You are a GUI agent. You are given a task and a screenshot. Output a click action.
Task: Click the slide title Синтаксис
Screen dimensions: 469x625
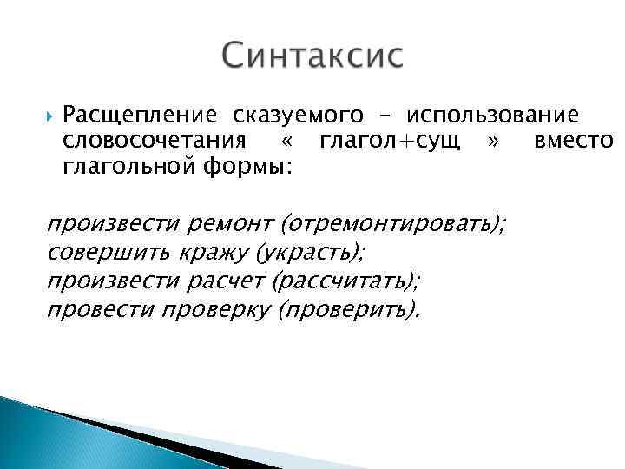click(x=312, y=56)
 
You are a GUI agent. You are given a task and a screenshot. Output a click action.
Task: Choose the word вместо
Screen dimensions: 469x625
click(x=573, y=140)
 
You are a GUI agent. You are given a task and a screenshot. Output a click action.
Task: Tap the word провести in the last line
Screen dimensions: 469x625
click(x=99, y=309)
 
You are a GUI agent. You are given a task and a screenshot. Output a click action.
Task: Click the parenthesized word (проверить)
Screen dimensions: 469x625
click(x=347, y=310)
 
